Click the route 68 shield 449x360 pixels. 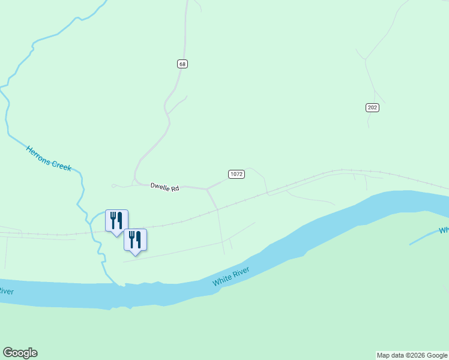coord(182,64)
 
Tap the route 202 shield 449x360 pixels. coord(372,107)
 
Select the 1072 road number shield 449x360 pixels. coord(236,174)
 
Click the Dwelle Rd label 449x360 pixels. coord(164,188)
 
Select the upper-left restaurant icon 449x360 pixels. coord(116,221)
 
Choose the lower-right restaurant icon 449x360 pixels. coord(135,240)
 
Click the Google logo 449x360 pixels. coord(20,353)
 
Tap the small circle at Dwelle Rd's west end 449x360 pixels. coord(113,185)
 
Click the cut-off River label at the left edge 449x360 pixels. coord(5,292)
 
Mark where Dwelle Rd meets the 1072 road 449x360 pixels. coord(206,189)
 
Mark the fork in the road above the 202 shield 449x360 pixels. coord(374,91)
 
